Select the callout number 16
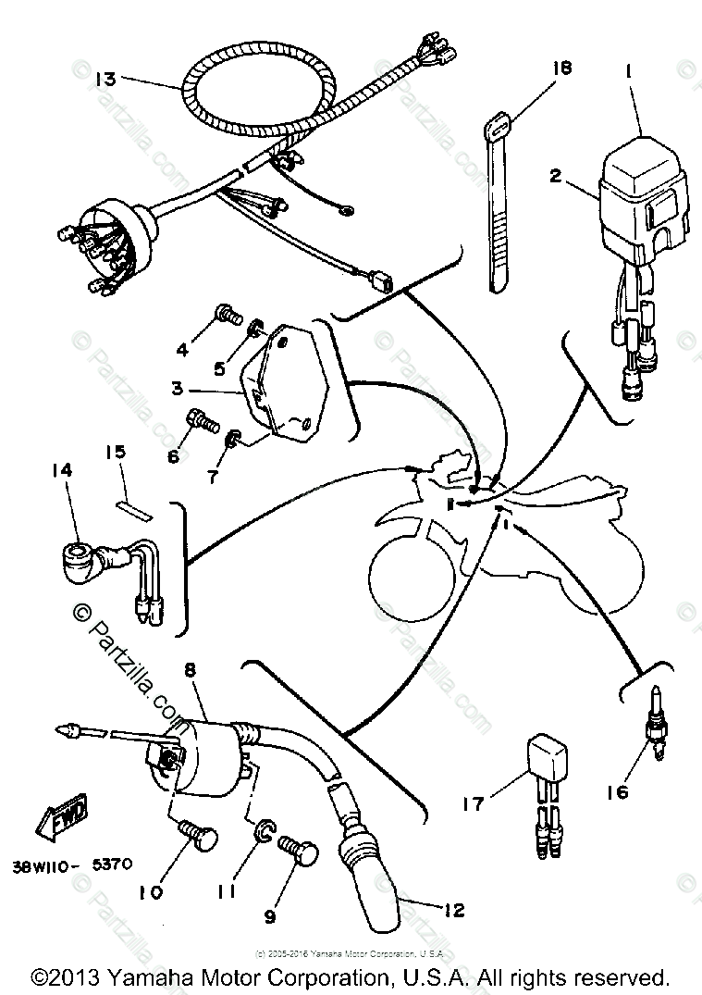(616, 791)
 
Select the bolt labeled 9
(302, 850)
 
